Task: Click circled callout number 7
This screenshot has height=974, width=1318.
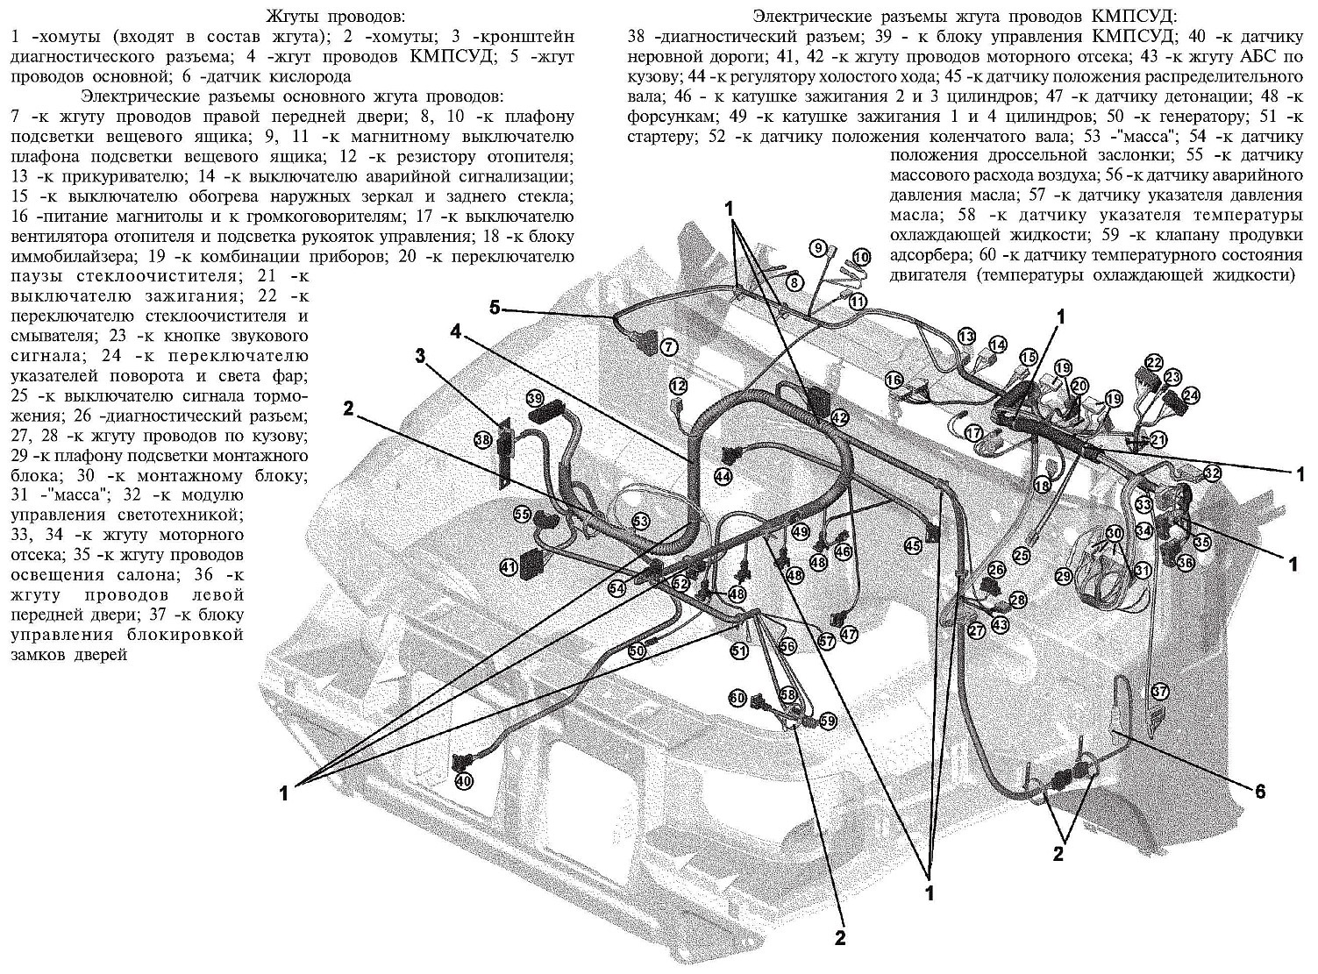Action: (669, 347)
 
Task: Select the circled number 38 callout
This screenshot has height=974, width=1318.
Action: (481, 440)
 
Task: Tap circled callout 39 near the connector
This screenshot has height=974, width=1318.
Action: (536, 399)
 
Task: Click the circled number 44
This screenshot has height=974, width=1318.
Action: (722, 477)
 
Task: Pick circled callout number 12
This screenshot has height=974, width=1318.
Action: (677, 385)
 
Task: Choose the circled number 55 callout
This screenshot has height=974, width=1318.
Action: (523, 515)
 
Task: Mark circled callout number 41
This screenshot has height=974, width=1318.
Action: (509, 567)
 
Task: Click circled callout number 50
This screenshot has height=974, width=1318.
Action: (636, 651)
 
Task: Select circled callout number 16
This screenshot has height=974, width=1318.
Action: (894, 380)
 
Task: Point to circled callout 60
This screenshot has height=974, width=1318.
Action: (737, 698)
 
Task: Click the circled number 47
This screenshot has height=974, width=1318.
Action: (848, 634)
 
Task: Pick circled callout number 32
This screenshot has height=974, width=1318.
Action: (1212, 473)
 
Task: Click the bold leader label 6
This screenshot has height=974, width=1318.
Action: (1260, 792)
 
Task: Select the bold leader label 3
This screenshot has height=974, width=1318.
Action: (420, 356)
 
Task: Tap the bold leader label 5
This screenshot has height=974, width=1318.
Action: (495, 308)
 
